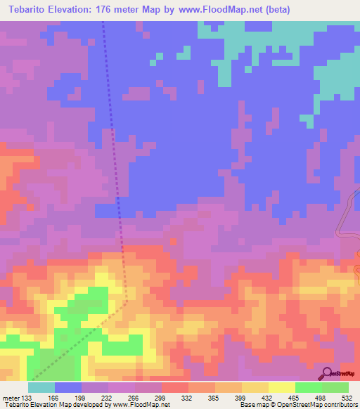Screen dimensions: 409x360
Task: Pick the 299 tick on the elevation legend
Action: click(161, 398)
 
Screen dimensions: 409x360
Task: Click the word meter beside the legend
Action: click(11, 398)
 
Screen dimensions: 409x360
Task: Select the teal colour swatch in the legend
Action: click(41, 387)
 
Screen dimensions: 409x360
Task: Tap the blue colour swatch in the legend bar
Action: click(68, 387)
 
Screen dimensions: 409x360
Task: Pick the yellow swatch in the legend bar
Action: click(281, 387)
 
